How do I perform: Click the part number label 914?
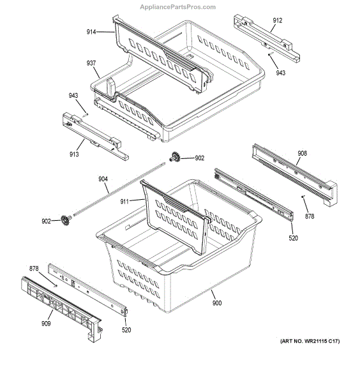[x=93, y=31]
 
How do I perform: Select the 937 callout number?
[x=91, y=63]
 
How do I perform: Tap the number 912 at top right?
[x=277, y=20]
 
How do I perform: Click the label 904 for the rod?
[x=103, y=179]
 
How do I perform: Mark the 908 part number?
[x=303, y=153]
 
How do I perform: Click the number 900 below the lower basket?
[x=217, y=303]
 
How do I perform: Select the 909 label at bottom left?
[x=46, y=324]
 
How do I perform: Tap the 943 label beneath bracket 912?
[x=281, y=73]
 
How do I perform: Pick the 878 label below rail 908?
[x=310, y=217]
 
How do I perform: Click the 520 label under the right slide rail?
[x=293, y=238]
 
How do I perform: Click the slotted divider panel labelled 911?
[x=176, y=217]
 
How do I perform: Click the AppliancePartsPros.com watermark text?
[x=179, y=5]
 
